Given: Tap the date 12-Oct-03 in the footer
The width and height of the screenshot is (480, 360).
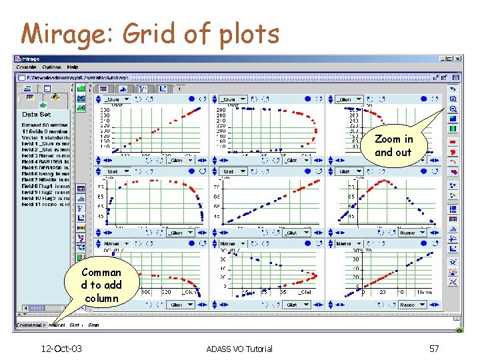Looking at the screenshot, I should (x=61, y=349).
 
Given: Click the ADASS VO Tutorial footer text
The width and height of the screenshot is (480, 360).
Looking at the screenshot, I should (x=239, y=349).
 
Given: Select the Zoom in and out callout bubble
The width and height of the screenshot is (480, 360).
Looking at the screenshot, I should (x=393, y=145).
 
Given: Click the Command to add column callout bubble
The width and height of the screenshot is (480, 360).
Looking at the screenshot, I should (x=101, y=285).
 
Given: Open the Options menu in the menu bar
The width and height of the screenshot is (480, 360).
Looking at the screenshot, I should (x=51, y=67).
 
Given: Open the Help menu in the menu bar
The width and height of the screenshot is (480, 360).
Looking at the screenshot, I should (x=72, y=67).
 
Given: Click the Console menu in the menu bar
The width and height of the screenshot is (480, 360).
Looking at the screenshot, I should (x=26, y=67).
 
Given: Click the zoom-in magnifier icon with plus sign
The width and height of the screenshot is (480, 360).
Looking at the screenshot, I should (x=453, y=99).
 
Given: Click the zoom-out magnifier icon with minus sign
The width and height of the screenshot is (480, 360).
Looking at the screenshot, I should (x=453, y=109).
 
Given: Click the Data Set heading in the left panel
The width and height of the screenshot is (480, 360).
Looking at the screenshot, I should (x=37, y=114).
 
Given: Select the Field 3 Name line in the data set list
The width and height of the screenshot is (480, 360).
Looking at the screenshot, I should (x=43, y=155).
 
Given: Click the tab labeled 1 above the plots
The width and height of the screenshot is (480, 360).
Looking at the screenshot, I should (x=179, y=88).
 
